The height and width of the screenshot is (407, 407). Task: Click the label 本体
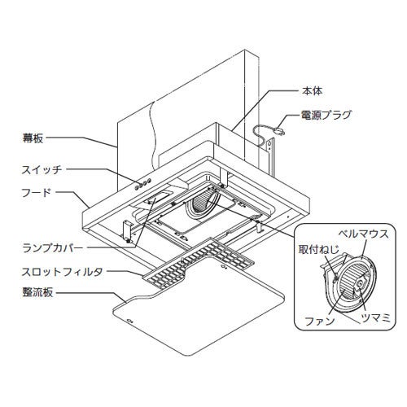312,91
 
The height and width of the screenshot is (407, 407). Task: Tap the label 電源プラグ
326,115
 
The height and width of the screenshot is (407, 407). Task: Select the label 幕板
33,138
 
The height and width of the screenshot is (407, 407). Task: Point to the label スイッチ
42,170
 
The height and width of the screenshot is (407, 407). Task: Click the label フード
37,193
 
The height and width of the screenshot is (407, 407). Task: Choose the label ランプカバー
53,248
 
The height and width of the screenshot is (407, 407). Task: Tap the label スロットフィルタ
63,272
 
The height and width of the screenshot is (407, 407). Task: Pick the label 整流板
37,293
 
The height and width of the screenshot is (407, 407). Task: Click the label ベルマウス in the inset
364,234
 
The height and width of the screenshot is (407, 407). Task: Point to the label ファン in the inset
320,322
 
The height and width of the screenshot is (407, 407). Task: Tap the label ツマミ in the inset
375,317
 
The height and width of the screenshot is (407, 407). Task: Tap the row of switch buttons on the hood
142,184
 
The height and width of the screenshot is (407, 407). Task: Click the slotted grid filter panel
199,263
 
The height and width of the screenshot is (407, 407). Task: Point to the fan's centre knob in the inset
360,283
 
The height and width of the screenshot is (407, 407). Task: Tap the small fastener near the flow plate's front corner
129,321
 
